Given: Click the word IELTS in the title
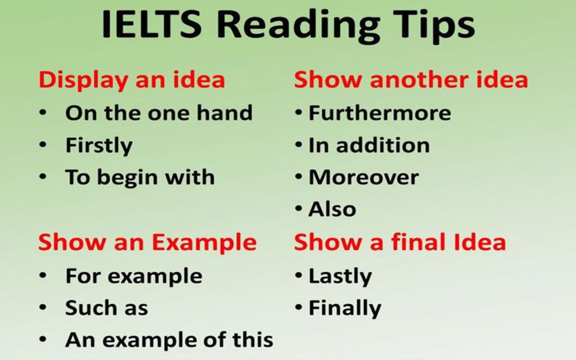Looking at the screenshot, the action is click(151, 25).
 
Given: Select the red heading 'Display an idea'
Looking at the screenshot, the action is click(132, 80).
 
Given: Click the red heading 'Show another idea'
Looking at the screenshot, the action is click(411, 79).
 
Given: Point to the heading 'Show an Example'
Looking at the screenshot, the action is click(147, 243).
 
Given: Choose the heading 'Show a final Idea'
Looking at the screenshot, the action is click(400, 242).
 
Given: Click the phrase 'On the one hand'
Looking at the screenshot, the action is click(159, 112).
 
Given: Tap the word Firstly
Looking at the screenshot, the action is click(99, 146).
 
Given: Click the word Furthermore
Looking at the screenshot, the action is click(380, 112).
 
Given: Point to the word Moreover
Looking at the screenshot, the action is click(364, 177).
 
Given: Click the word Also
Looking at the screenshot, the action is click(332, 209).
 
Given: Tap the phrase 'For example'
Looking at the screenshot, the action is click(134, 277).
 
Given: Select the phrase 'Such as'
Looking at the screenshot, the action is click(106, 308).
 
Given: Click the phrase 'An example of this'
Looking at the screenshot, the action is click(169, 340).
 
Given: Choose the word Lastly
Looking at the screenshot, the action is click(340, 277).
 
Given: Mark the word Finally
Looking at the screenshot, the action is click(345, 309).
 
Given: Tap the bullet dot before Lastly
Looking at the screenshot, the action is click(299, 276).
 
